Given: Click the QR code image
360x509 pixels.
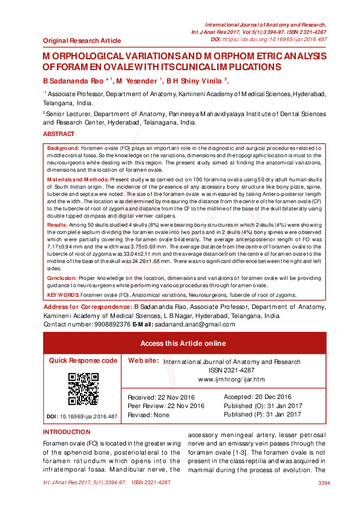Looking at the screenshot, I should coord(83,389).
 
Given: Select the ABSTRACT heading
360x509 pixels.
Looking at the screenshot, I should coord(59,134).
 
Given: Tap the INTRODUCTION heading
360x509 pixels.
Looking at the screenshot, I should coord(66,432).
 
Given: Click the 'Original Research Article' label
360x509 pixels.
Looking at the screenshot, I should coord(82,41).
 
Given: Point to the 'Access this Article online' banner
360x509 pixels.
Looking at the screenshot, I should coord(183,343).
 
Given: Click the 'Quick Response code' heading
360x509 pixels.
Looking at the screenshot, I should coord(83,360).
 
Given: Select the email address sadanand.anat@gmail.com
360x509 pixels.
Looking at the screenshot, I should coord(191,324).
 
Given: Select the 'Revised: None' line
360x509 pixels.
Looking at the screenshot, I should coord(149,415).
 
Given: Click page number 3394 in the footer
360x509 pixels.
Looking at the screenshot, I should coord(324,483).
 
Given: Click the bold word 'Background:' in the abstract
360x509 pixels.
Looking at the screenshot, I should coord(63,148).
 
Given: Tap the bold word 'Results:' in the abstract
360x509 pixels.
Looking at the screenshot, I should coord(57,224).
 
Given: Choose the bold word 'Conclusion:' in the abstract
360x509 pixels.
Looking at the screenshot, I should coord(62,279).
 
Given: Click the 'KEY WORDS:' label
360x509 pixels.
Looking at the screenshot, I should coord(63,295).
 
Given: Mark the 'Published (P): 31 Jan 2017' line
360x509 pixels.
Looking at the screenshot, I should coord(262,415).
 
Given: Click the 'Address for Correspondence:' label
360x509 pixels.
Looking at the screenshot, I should coord(88,308).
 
